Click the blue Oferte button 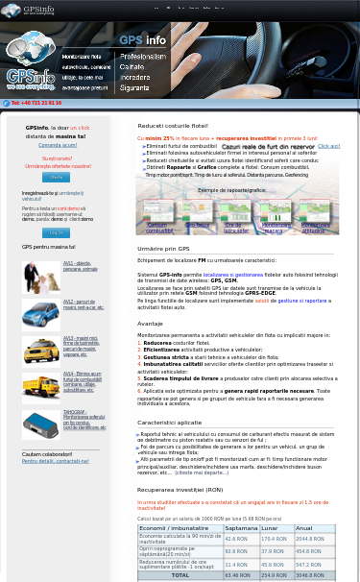56,178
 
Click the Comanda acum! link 56,144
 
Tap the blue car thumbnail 40,314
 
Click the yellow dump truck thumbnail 40,385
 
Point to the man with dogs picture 40,277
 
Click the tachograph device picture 40,424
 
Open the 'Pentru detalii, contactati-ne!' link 55,461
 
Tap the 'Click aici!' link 328,146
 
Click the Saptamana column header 241,528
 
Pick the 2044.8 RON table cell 309,539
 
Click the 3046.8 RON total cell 309,575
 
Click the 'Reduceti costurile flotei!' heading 173,126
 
